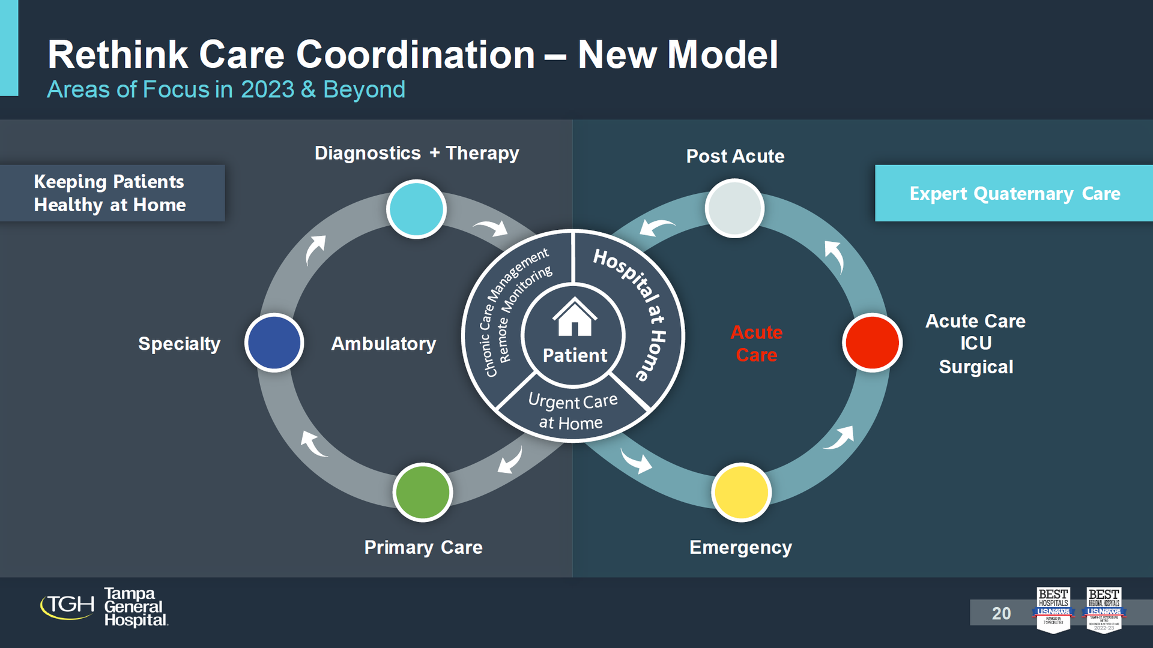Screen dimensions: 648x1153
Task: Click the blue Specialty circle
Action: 274,343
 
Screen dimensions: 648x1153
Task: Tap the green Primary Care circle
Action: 422,492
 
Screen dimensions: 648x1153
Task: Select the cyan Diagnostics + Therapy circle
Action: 416,209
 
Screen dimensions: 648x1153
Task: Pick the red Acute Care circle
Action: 872,343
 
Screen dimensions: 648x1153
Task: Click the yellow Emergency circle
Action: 740,492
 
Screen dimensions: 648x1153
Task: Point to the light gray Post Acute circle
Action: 734,208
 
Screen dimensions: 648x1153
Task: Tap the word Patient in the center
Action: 575,355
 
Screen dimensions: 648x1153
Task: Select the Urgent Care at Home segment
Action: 572,412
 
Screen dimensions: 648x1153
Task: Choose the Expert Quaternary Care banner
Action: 1014,193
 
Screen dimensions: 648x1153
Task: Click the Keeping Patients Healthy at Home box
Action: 112,193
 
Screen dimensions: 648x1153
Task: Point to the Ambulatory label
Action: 383,344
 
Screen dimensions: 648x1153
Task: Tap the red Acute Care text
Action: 756,343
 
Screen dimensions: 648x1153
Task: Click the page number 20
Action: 1000,613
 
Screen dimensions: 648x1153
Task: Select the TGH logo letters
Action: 67,605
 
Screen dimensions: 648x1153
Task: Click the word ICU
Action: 975,343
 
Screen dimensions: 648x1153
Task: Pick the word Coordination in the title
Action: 415,55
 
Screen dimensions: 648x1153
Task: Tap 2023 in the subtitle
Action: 267,89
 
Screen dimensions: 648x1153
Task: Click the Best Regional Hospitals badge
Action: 1104,610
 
